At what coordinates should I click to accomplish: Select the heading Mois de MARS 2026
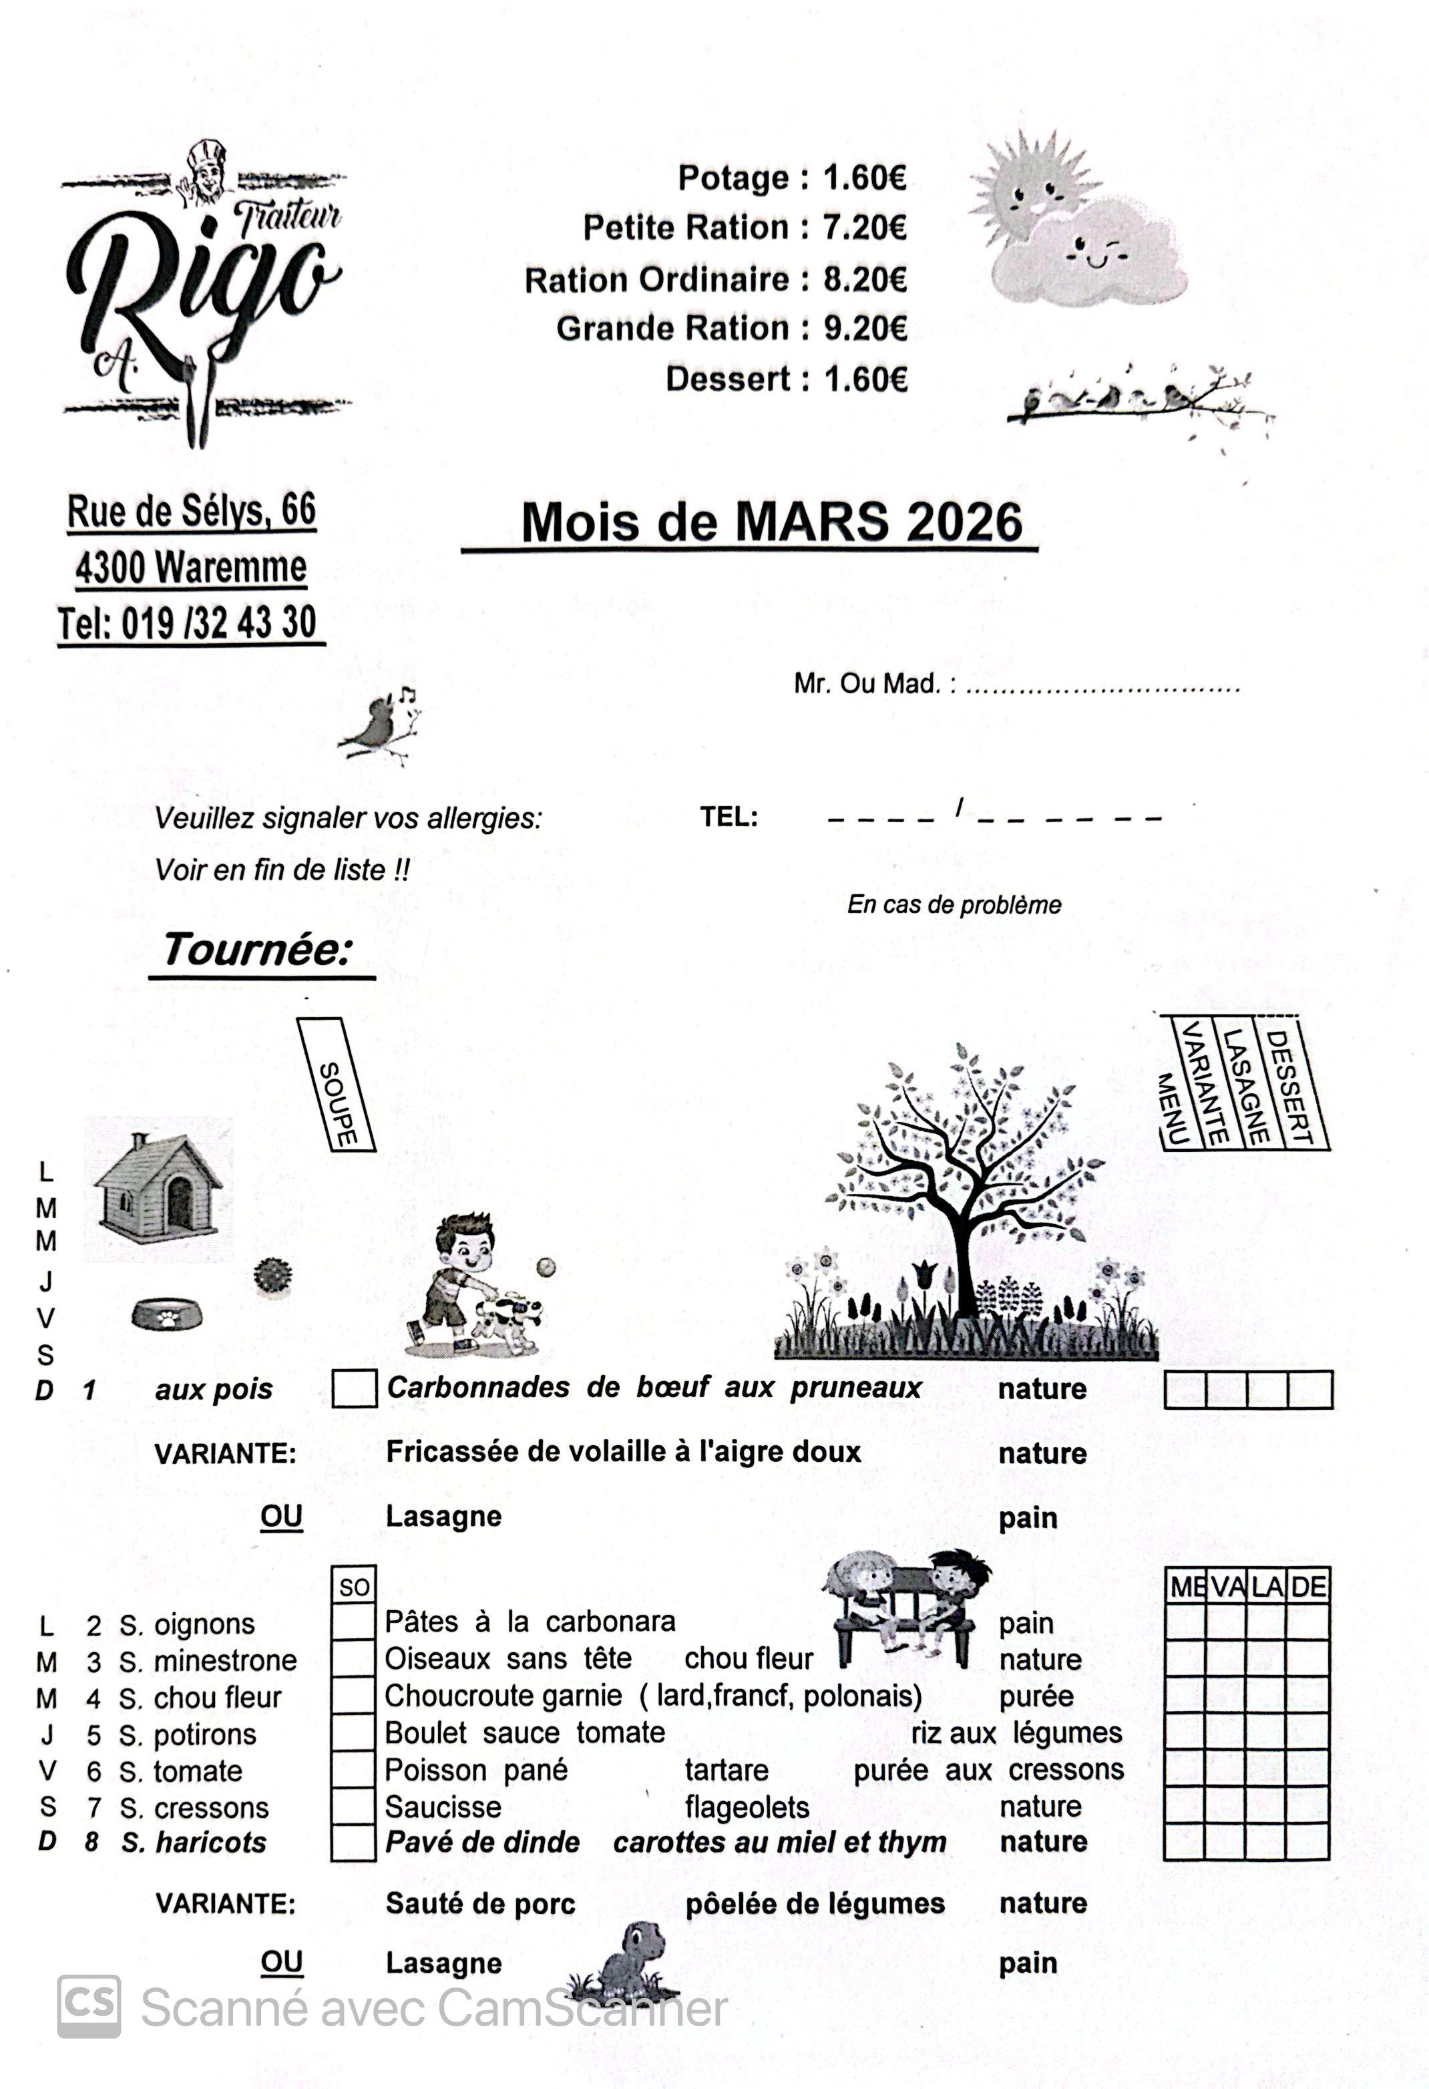click(771, 522)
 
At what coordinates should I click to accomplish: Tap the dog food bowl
click(166, 1316)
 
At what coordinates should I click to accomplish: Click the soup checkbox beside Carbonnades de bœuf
click(354, 1389)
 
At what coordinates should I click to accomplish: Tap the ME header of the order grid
click(1187, 1587)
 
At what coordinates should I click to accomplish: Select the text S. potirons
click(188, 1734)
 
